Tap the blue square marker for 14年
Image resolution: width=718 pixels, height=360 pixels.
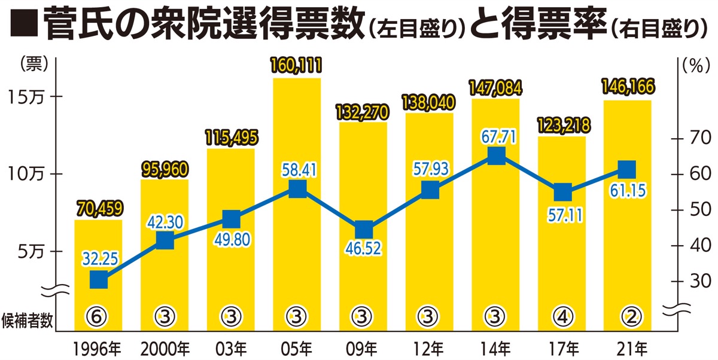pos(496,157)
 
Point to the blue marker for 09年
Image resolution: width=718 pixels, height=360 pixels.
pos(363,230)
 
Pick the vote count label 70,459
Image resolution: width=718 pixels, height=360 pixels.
pos(99,209)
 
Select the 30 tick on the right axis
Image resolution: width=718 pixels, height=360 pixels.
pos(696,282)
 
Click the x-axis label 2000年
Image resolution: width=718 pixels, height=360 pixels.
pos(165,347)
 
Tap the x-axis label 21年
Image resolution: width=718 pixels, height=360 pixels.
pos(628,347)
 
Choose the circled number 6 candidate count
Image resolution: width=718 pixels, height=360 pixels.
pos(99,315)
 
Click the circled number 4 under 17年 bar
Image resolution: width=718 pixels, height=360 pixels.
pos(561,315)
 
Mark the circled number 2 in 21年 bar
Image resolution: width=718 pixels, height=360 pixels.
pos(627,315)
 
